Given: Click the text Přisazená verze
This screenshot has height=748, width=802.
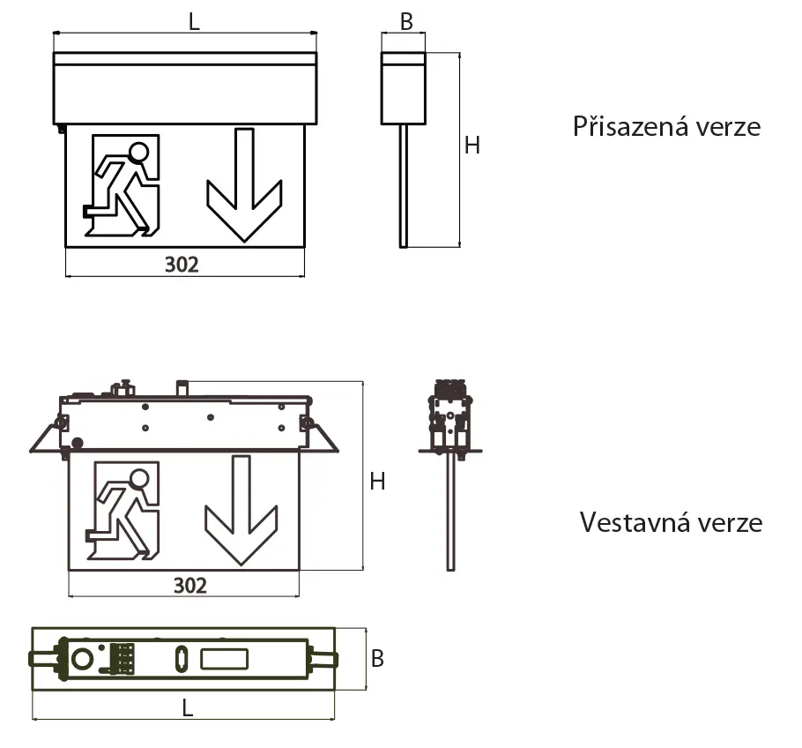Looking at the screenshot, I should (x=666, y=126).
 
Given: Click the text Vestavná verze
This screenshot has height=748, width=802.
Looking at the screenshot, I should (x=671, y=522).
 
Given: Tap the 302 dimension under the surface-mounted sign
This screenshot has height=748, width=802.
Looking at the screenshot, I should (x=182, y=264).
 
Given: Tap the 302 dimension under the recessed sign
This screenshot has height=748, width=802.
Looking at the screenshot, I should (x=189, y=585).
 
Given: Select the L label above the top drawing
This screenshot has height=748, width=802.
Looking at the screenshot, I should (x=195, y=22).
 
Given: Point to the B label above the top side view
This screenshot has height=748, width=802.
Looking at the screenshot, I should (x=406, y=22).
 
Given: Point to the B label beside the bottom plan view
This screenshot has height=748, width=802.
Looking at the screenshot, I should (x=377, y=659).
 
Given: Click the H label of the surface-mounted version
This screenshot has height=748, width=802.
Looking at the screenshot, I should (x=472, y=146).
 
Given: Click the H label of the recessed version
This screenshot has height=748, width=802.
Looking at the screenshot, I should (x=377, y=481).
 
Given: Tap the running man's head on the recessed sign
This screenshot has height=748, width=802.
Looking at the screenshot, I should (x=138, y=479).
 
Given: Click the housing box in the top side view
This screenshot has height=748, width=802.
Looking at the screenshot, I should (x=403, y=87).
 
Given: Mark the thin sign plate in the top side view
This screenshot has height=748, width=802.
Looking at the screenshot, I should (x=403, y=185).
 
